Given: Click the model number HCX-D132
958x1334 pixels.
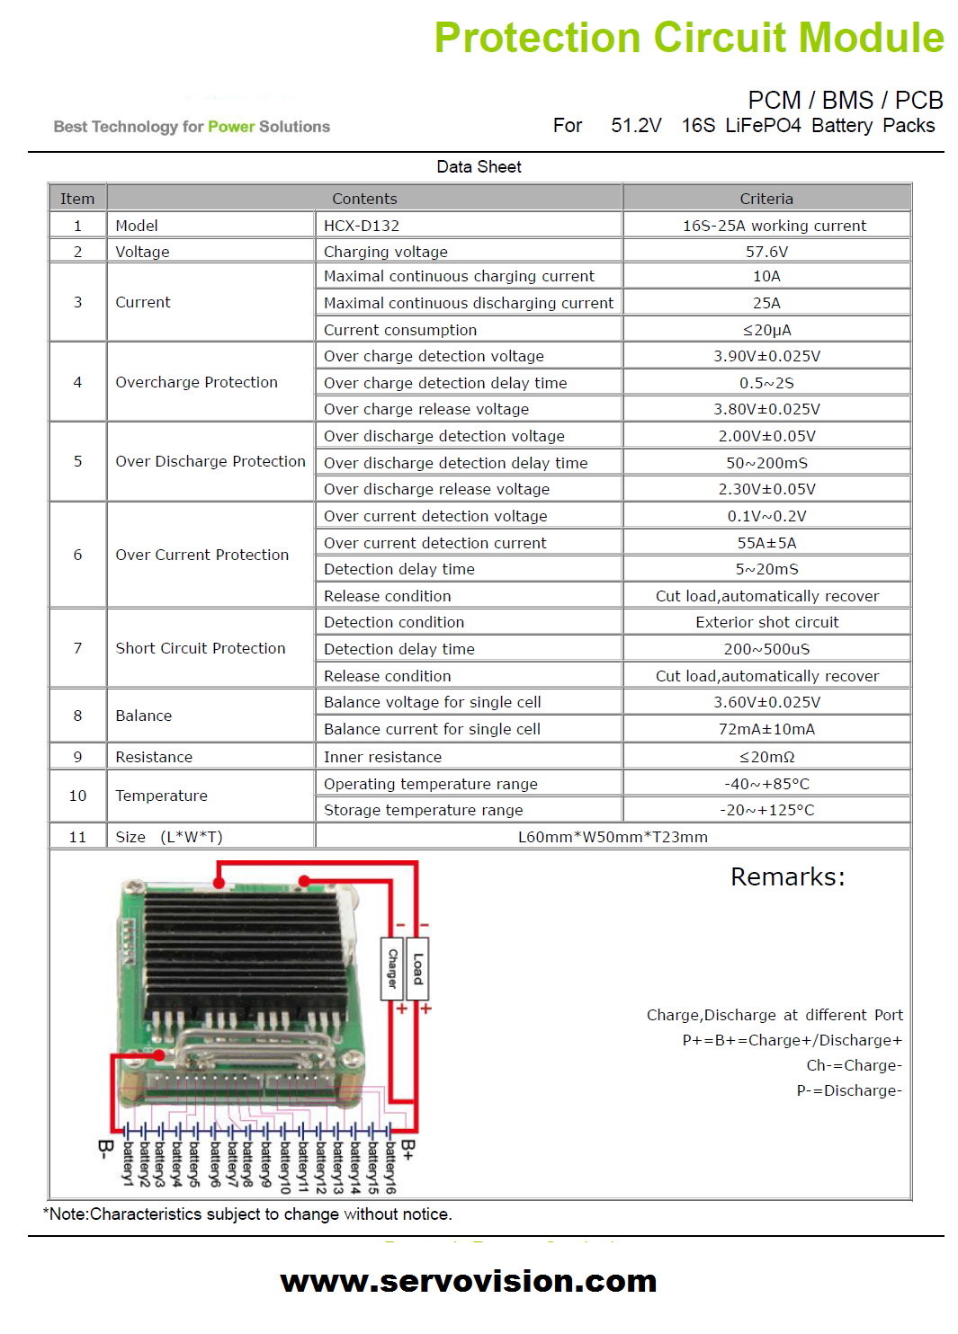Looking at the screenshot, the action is (361, 226).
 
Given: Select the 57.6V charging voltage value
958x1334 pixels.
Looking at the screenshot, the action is (766, 252).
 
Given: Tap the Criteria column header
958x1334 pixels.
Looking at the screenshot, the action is (766, 199).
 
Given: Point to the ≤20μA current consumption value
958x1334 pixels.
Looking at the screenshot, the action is (766, 330).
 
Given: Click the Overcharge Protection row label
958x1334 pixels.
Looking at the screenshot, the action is (197, 382).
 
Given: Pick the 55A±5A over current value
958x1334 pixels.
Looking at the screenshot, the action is (766, 543).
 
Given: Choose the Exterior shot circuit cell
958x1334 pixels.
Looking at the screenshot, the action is (766, 622).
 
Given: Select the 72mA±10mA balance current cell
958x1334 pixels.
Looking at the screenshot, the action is (766, 730).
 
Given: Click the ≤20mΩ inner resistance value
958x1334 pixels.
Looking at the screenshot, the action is (766, 757).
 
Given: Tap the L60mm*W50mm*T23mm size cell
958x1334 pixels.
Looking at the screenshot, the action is (613, 837).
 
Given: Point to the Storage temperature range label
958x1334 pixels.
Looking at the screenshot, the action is (423, 810).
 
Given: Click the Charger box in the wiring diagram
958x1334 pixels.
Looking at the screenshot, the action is (392, 968).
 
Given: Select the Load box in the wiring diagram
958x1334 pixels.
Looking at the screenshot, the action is (417, 968).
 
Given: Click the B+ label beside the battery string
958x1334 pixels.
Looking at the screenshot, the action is (408, 1150).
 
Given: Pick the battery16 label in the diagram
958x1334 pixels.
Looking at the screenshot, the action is (390, 1168).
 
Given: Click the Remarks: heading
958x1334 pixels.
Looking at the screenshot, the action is (788, 877).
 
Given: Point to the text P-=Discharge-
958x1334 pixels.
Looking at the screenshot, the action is (849, 1090).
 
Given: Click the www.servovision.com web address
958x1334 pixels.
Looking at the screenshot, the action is (469, 1281).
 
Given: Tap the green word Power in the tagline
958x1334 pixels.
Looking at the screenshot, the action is (231, 127).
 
